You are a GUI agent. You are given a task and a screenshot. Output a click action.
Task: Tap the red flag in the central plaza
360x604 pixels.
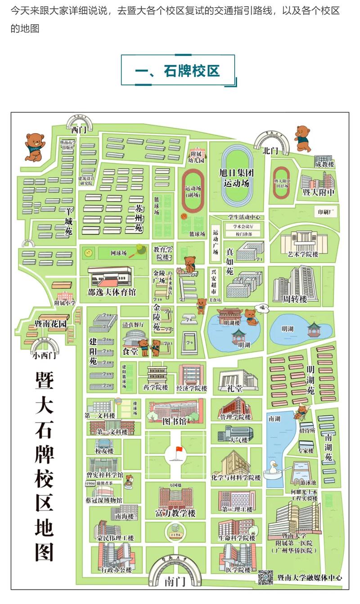tap(179, 449)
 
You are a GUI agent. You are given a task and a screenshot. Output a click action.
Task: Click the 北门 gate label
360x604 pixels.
tap(271, 151)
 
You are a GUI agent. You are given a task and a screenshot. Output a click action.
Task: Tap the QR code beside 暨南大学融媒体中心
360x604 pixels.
tap(265, 577)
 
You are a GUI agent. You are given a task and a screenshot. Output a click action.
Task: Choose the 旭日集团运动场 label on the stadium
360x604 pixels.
tap(237, 178)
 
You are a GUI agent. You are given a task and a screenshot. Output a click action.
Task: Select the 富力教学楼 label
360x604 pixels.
tap(175, 513)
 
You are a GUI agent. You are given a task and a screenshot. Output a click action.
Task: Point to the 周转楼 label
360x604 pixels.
tap(294, 299)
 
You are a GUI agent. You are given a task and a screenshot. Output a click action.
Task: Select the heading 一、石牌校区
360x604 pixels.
tap(178, 71)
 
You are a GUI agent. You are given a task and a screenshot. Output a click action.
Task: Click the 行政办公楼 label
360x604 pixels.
tap(116, 570)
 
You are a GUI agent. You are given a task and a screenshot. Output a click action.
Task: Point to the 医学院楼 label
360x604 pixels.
tap(238, 570)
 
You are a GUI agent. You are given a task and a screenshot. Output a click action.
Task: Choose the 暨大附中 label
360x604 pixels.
tap(319, 193)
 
